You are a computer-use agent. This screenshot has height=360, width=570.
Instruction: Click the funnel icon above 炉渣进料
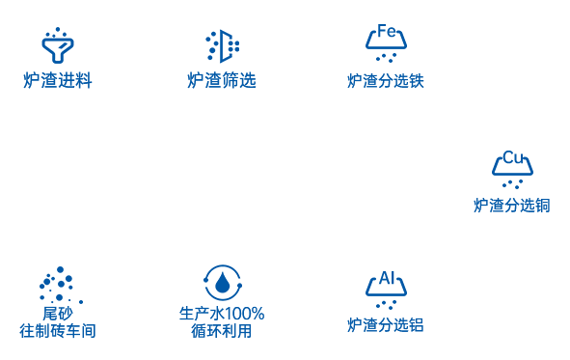click(x=58, y=46)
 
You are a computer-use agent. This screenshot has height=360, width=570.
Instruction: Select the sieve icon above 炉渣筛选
click(x=223, y=45)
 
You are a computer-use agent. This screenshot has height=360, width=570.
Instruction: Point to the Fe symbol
click(x=386, y=31)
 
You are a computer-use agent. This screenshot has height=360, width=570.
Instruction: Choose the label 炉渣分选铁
click(x=386, y=81)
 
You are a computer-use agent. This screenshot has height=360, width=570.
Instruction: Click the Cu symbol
click(x=512, y=157)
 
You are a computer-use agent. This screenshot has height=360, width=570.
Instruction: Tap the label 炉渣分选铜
click(x=512, y=206)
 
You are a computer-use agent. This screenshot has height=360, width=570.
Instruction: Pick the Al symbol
click(x=386, y=278)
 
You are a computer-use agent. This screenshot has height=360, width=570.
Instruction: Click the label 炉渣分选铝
click(x=386, y=325)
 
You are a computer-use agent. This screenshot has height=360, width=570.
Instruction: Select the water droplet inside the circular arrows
click(x=223, y=283)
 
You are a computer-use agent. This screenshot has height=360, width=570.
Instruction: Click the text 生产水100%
click(x=222, y=314)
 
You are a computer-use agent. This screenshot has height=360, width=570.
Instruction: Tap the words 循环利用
click(x=222, y=331)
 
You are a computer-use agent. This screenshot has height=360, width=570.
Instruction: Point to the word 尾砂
click(x=58, y=314)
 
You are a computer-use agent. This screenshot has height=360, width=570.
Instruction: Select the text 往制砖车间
click(x=58, y=331)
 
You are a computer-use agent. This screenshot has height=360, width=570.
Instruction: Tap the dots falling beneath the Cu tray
click(x=512, y=183)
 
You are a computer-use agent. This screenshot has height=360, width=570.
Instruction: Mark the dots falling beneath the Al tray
click(x=386, y=304)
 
